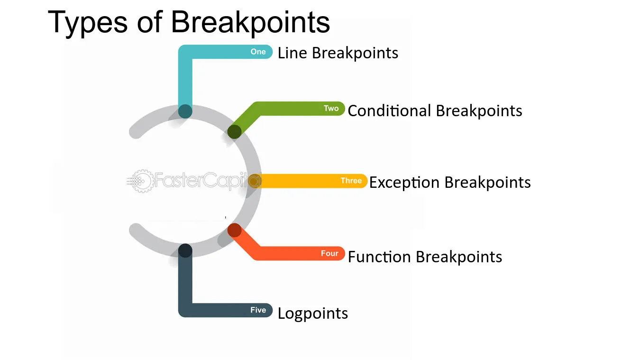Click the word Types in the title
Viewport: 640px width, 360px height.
point(87,23)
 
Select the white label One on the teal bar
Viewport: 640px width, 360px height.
point(258,52)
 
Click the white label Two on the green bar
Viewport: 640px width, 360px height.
point(331,108)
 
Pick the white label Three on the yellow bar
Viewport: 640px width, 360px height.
point(351,181)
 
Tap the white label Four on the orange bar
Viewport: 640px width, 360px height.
point(329,253)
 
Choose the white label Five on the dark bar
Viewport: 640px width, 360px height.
point(258,310)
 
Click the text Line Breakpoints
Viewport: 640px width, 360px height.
point(338,53)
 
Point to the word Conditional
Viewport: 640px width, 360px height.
point(389,111)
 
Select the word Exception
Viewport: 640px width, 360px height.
point(404,183)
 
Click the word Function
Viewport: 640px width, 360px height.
point(379,257)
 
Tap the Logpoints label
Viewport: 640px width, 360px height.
point(313,314)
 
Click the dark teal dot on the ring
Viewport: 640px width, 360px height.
point(185,111)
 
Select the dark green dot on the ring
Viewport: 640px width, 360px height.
point(234,132)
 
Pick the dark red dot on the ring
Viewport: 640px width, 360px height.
point(235,230)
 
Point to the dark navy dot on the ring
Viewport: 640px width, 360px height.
point(185,250)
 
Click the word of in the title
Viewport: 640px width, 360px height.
point(149,23)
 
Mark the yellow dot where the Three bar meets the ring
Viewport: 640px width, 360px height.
point(254,181)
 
